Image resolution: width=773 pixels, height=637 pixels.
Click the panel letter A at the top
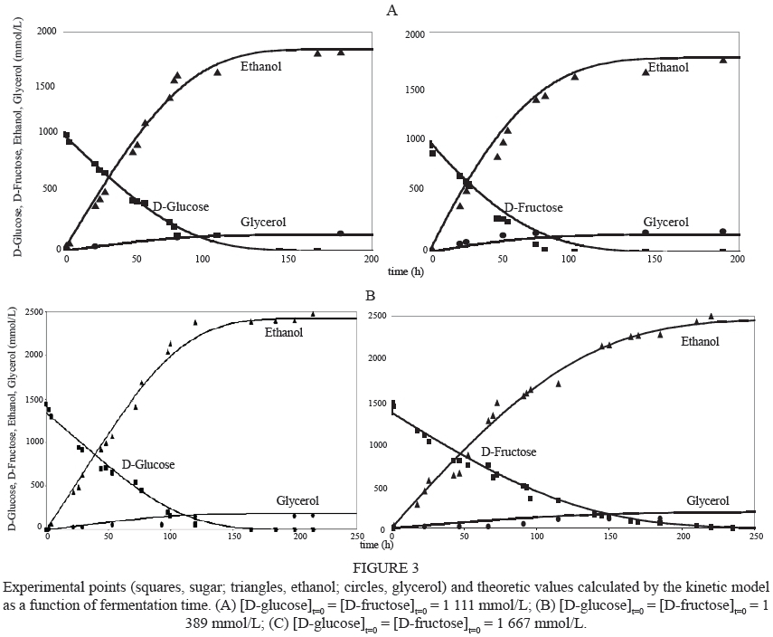[x=391, y=11]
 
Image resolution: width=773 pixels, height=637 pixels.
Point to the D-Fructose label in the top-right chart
[x=533, y=208]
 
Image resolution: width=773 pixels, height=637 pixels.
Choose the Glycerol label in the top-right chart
[x=665, y=222]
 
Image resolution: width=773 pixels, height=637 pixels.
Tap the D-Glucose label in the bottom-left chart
[x=147, y=464]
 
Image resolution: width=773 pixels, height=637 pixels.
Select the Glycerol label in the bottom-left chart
[x=297, y=500]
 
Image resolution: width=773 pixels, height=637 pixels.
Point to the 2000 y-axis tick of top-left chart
[x=47, y=32]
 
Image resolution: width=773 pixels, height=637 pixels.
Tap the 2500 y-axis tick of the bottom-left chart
[x=28, y=313]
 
